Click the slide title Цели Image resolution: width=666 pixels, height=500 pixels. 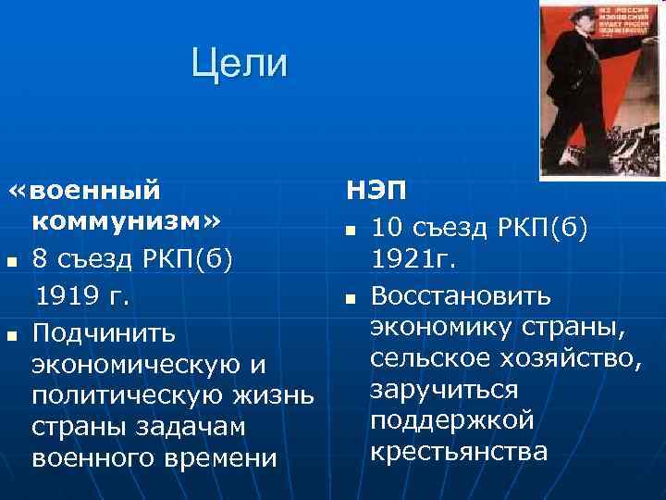[240, 64]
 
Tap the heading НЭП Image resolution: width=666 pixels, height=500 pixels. [374, 192]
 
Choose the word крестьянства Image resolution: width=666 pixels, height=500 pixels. [459, 452]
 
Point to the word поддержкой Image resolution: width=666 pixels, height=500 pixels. [452, 420]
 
